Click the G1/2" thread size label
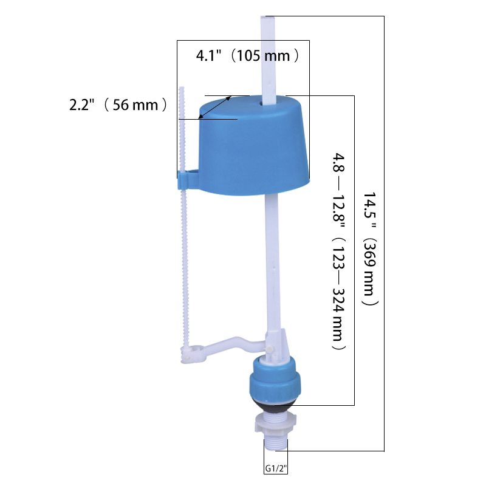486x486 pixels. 276,468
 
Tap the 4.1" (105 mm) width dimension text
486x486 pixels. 248,55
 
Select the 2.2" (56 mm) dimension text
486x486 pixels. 118,104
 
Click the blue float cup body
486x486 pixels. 253,146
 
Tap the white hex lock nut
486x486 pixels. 275,423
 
